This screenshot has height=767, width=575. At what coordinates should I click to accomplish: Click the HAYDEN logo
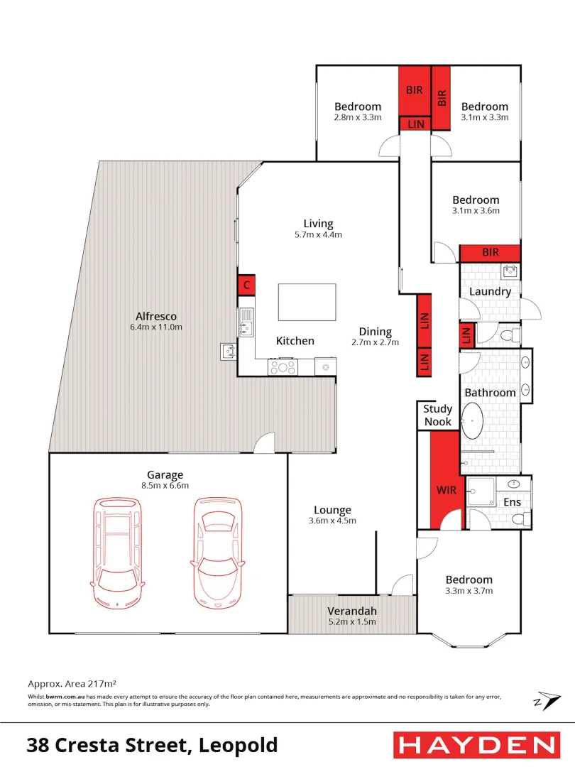(474, 745)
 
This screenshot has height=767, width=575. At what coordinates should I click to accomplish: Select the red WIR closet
(446, 479)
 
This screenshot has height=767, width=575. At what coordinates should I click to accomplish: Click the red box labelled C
(246, 285)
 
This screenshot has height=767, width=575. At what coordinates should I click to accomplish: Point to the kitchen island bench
(307, 302)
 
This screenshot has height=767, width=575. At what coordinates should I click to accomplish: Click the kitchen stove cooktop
(282, 367)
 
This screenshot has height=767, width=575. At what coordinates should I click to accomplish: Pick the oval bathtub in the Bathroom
(473, 420)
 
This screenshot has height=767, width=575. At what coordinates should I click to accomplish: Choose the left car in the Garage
(119, 552)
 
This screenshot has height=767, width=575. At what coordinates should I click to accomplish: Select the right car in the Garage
(217, 552)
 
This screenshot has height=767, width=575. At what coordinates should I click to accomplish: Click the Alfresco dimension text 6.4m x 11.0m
(156, 327)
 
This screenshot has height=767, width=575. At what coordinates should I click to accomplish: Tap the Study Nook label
(437, 415)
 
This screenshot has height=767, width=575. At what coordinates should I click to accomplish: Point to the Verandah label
(351, 611)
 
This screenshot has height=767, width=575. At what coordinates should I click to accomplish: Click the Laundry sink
(510, 271)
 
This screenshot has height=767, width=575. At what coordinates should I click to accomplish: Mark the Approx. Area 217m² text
(72, 683)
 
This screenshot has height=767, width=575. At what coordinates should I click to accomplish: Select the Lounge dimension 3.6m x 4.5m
(332, 521)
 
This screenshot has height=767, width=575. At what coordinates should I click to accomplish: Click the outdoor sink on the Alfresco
(229, 350)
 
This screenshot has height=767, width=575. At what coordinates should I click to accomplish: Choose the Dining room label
(375, 332)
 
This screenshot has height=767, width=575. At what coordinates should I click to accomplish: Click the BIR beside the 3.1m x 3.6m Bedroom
(490, 253)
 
